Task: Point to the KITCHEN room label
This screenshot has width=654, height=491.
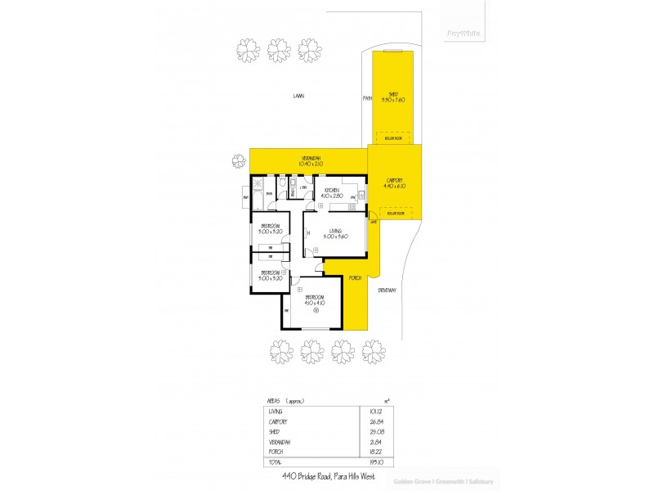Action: (x=331, y=191)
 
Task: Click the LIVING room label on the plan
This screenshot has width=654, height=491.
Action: (x=335, y=231)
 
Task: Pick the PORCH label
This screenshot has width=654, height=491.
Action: (x=355, y=278)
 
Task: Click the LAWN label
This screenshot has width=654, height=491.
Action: (x=299, y=96)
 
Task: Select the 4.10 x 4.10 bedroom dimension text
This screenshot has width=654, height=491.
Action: (x=315, y=303)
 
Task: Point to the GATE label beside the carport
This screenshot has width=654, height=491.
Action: (x=373, y=223)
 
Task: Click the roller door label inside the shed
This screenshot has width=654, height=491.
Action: (x=394, y=138)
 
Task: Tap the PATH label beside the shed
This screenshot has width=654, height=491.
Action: (x=368, y=99)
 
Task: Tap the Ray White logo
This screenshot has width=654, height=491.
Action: (x=464, y=33)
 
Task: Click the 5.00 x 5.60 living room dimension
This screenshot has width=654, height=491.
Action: (x=335, y=236)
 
